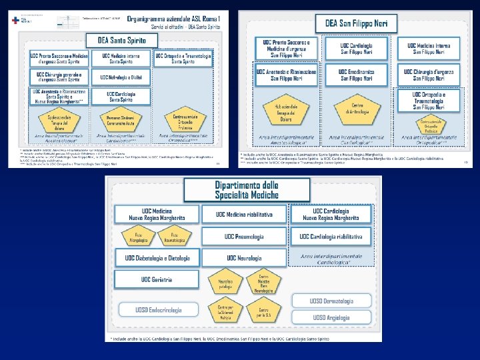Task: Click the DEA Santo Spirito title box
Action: (x=127, y=39)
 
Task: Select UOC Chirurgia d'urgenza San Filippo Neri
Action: (x=427, y=73)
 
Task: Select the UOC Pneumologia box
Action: (x=244, y=237)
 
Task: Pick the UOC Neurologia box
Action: (x=244, y=257)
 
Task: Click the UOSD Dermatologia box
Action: (x=331, y=302)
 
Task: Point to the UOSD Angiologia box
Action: (x=331, y=318)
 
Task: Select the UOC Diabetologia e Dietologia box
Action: (x=157, y=257)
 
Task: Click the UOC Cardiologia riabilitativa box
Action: (x=331, y=237)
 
